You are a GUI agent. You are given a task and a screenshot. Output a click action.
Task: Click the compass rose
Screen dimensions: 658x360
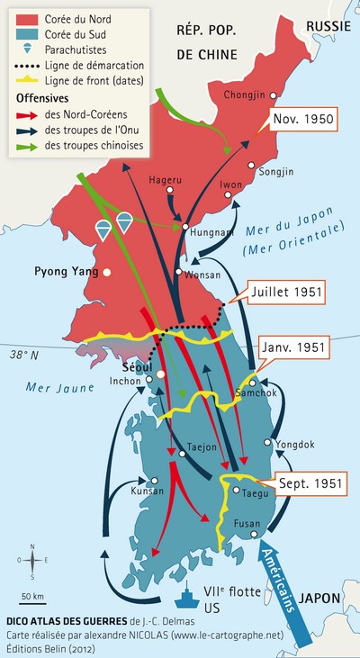pyautogui.click(x=32, y=560)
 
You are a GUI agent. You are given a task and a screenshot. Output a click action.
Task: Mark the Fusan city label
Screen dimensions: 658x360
pyautogui.click(x=246, y=523)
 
